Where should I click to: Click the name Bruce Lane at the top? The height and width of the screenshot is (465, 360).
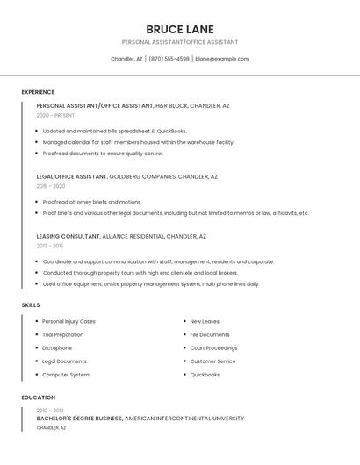180,29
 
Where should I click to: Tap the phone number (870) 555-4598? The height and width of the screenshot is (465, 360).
169,59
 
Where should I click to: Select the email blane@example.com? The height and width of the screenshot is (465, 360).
222,59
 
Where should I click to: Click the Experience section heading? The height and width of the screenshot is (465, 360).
38,92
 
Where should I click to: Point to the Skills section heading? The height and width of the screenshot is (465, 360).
31,305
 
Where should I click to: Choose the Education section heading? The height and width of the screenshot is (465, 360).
38,397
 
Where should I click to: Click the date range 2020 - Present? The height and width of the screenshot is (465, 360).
55,115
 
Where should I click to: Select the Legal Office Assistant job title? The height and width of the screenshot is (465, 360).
72,176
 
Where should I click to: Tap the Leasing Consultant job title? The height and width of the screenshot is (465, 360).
68,236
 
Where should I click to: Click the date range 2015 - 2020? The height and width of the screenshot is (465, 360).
51,186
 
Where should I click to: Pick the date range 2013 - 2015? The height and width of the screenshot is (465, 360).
50,246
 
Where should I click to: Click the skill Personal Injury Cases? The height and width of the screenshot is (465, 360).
68,321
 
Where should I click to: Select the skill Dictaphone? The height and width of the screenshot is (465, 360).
57,348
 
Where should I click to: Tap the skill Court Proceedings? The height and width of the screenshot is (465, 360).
213,348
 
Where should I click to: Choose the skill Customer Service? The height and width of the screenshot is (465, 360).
212,361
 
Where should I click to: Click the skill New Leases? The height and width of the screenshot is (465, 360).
205,321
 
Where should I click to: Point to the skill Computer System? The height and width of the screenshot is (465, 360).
66,375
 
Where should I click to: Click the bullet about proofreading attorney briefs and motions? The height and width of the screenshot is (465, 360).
91,202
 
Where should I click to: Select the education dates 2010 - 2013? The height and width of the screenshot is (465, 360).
50,411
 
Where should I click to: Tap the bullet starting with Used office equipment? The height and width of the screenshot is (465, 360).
150,284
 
